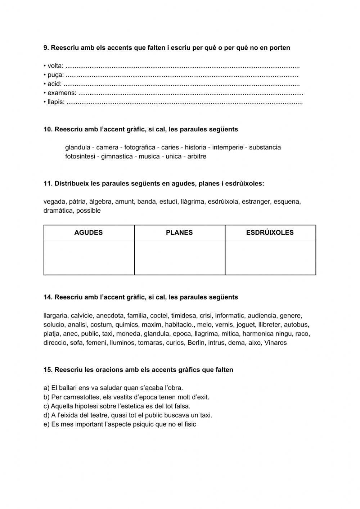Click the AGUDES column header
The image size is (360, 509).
click(x=89, y=233)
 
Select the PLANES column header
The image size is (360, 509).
click(x=179, y=233)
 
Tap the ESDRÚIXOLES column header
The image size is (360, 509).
click(x=270, y=233)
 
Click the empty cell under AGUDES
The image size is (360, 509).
click(x=89, y=258)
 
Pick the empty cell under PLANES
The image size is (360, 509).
click(x=179, y=258)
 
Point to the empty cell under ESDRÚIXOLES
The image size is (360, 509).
click(x=270, y=258)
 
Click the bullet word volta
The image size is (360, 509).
click(x=55, y=66)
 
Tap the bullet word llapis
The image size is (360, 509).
click(x=56, y=102)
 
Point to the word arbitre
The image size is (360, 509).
click(x=197, y=157)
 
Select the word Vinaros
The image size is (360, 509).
click(x=275, y=343)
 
